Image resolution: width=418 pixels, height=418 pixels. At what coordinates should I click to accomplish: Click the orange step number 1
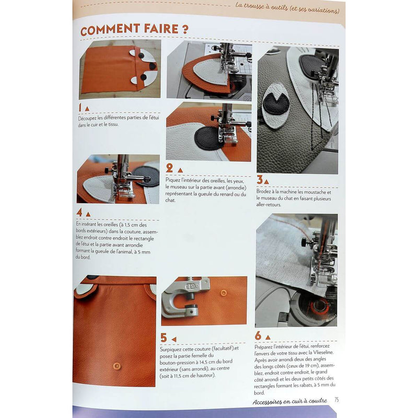[80, 108]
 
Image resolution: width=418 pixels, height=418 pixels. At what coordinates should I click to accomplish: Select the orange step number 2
[169, 168]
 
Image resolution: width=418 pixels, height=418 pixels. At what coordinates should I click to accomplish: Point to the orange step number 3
[260, 179]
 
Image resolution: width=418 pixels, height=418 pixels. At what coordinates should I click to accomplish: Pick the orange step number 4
[79, 212]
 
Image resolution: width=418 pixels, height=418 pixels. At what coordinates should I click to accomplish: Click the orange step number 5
[164, 338]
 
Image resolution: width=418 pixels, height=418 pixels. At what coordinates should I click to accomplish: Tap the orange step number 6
[258, 335]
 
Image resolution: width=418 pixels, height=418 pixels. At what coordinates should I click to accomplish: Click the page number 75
[336, 400]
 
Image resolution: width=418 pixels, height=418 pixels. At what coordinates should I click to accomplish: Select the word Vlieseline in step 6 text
[322, 352]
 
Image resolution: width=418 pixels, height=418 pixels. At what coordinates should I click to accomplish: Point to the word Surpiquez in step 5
[171, 349]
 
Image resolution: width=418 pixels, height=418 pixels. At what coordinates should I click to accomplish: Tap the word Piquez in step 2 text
[173, 180]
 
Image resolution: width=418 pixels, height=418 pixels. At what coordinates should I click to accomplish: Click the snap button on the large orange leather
[117, 366]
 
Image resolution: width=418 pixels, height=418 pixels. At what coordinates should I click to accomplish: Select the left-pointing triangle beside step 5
[174, 339]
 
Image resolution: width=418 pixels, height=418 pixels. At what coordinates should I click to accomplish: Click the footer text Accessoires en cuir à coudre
[290, 401]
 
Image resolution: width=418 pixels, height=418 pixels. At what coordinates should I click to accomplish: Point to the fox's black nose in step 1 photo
[153, 66]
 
